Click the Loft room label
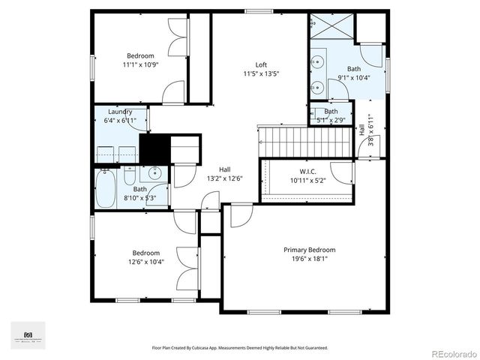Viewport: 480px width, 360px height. (x=261, y=64)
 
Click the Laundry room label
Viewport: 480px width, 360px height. (x=120, y=112)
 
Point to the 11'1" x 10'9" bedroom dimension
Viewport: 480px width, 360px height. (x=140, y=64)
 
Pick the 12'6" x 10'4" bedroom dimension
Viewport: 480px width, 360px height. (x=146, y=262)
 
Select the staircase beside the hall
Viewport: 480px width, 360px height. (x=305, y=139)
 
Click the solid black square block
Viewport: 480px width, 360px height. (x=154, y=146)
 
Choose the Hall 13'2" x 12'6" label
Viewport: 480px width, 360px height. (x=224, y=173)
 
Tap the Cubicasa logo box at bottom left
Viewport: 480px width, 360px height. (x=28, y=334)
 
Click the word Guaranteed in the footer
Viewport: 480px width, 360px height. (x=313, y=348)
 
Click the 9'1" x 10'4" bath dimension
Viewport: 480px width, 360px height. (x=354, y=77)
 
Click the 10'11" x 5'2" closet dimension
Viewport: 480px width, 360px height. (x=309, y=180)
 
